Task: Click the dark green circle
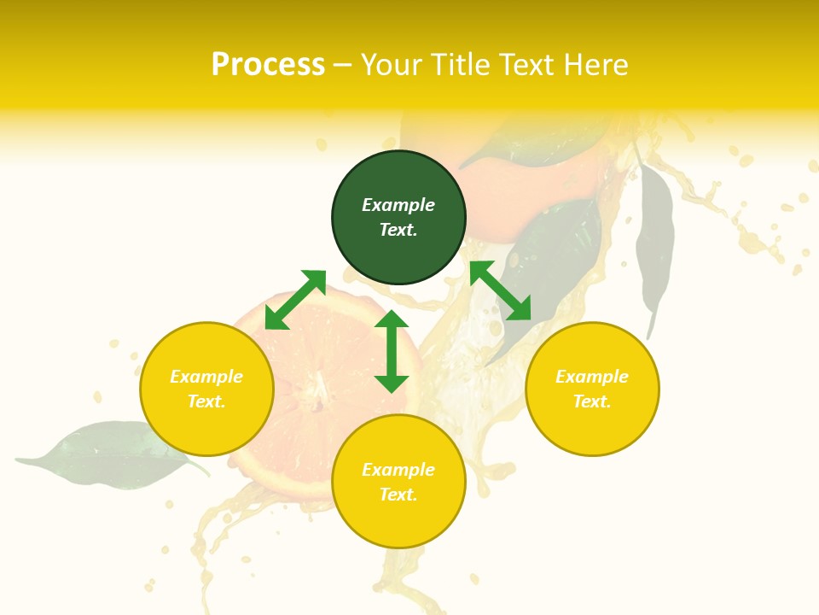(x=398, y=217)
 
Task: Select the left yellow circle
(x=206, y=389)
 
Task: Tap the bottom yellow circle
(x=398, y=482)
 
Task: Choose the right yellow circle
(x=592, y=389)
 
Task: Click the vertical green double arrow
(x=392, y=351)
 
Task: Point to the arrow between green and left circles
(x=295, y=300)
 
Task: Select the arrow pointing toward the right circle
(x=500, y=290)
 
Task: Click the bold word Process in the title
(x=268, y=64)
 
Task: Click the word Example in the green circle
(x=398, y=205)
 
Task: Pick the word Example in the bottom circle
(x=398, y=470)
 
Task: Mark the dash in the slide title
(x=342, y=65)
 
